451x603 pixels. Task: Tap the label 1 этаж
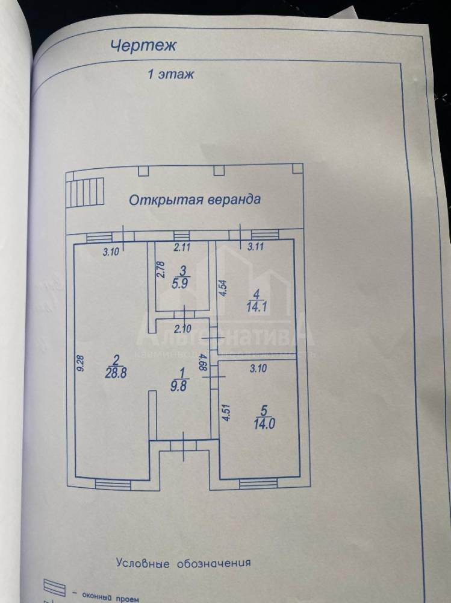pyautogui.click(x=170, y=75)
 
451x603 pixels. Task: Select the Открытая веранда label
pyautogui.click(x=194, y=200)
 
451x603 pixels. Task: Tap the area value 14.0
pyautogui.click(x=264, y=422)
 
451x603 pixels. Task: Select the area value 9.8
pyautogui.click(x=178, y=388)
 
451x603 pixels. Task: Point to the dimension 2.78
pyautogui.click(x=161, y=268)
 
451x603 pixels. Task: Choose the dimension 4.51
pyautogui.click(x=226, y=411)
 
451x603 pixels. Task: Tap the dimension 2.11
pyautogui.click(x=182, y=246)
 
